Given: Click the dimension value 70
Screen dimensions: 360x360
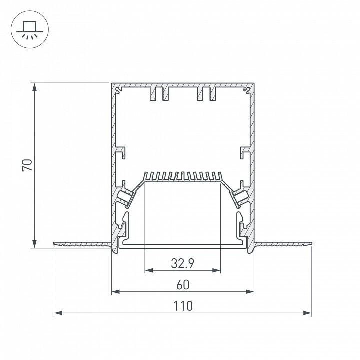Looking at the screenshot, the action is pos(27,165).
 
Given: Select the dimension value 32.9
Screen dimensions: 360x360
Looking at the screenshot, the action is pos(183,264).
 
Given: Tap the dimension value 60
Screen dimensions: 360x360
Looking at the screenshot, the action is pos(183,285).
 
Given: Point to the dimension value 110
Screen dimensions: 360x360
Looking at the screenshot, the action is pos(183,306).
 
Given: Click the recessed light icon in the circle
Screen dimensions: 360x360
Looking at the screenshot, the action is pos(30,30).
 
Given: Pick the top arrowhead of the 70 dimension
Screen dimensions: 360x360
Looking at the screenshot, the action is pos(34,87).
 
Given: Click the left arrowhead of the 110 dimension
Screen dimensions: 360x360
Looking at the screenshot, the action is pos(58,313).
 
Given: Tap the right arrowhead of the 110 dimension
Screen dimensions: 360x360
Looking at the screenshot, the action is pos(307,313).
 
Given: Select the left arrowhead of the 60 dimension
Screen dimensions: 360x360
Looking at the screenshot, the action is pos(116,292).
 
